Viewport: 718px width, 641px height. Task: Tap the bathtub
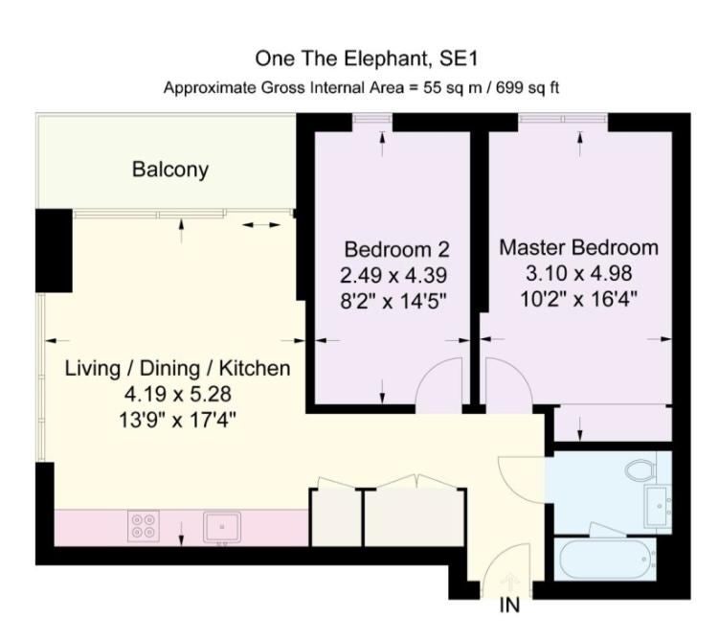point(605,559)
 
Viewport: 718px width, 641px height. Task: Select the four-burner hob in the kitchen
point(144,526)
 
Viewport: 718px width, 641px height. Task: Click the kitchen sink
point(222,528)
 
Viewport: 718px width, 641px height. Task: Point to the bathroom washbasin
point(658,507)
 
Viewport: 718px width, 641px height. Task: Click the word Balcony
point(170,169)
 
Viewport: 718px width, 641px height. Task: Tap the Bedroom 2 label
point(396,250)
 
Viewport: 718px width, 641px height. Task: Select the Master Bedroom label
point(579,248)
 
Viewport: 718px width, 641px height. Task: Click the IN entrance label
point(509,606)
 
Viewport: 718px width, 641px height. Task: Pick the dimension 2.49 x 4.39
point(393,275)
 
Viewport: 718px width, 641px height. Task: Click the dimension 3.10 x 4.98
point(579,273)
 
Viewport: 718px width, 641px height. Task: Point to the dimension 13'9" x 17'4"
point(178,420)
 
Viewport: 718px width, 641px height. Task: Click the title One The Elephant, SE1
point(367,58)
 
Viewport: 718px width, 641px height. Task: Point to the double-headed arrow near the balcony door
point(261,225)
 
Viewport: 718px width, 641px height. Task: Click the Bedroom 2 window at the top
point(372,119)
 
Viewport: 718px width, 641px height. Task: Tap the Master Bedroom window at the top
point(563,119)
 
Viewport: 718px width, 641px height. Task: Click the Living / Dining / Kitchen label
point(178,369)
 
